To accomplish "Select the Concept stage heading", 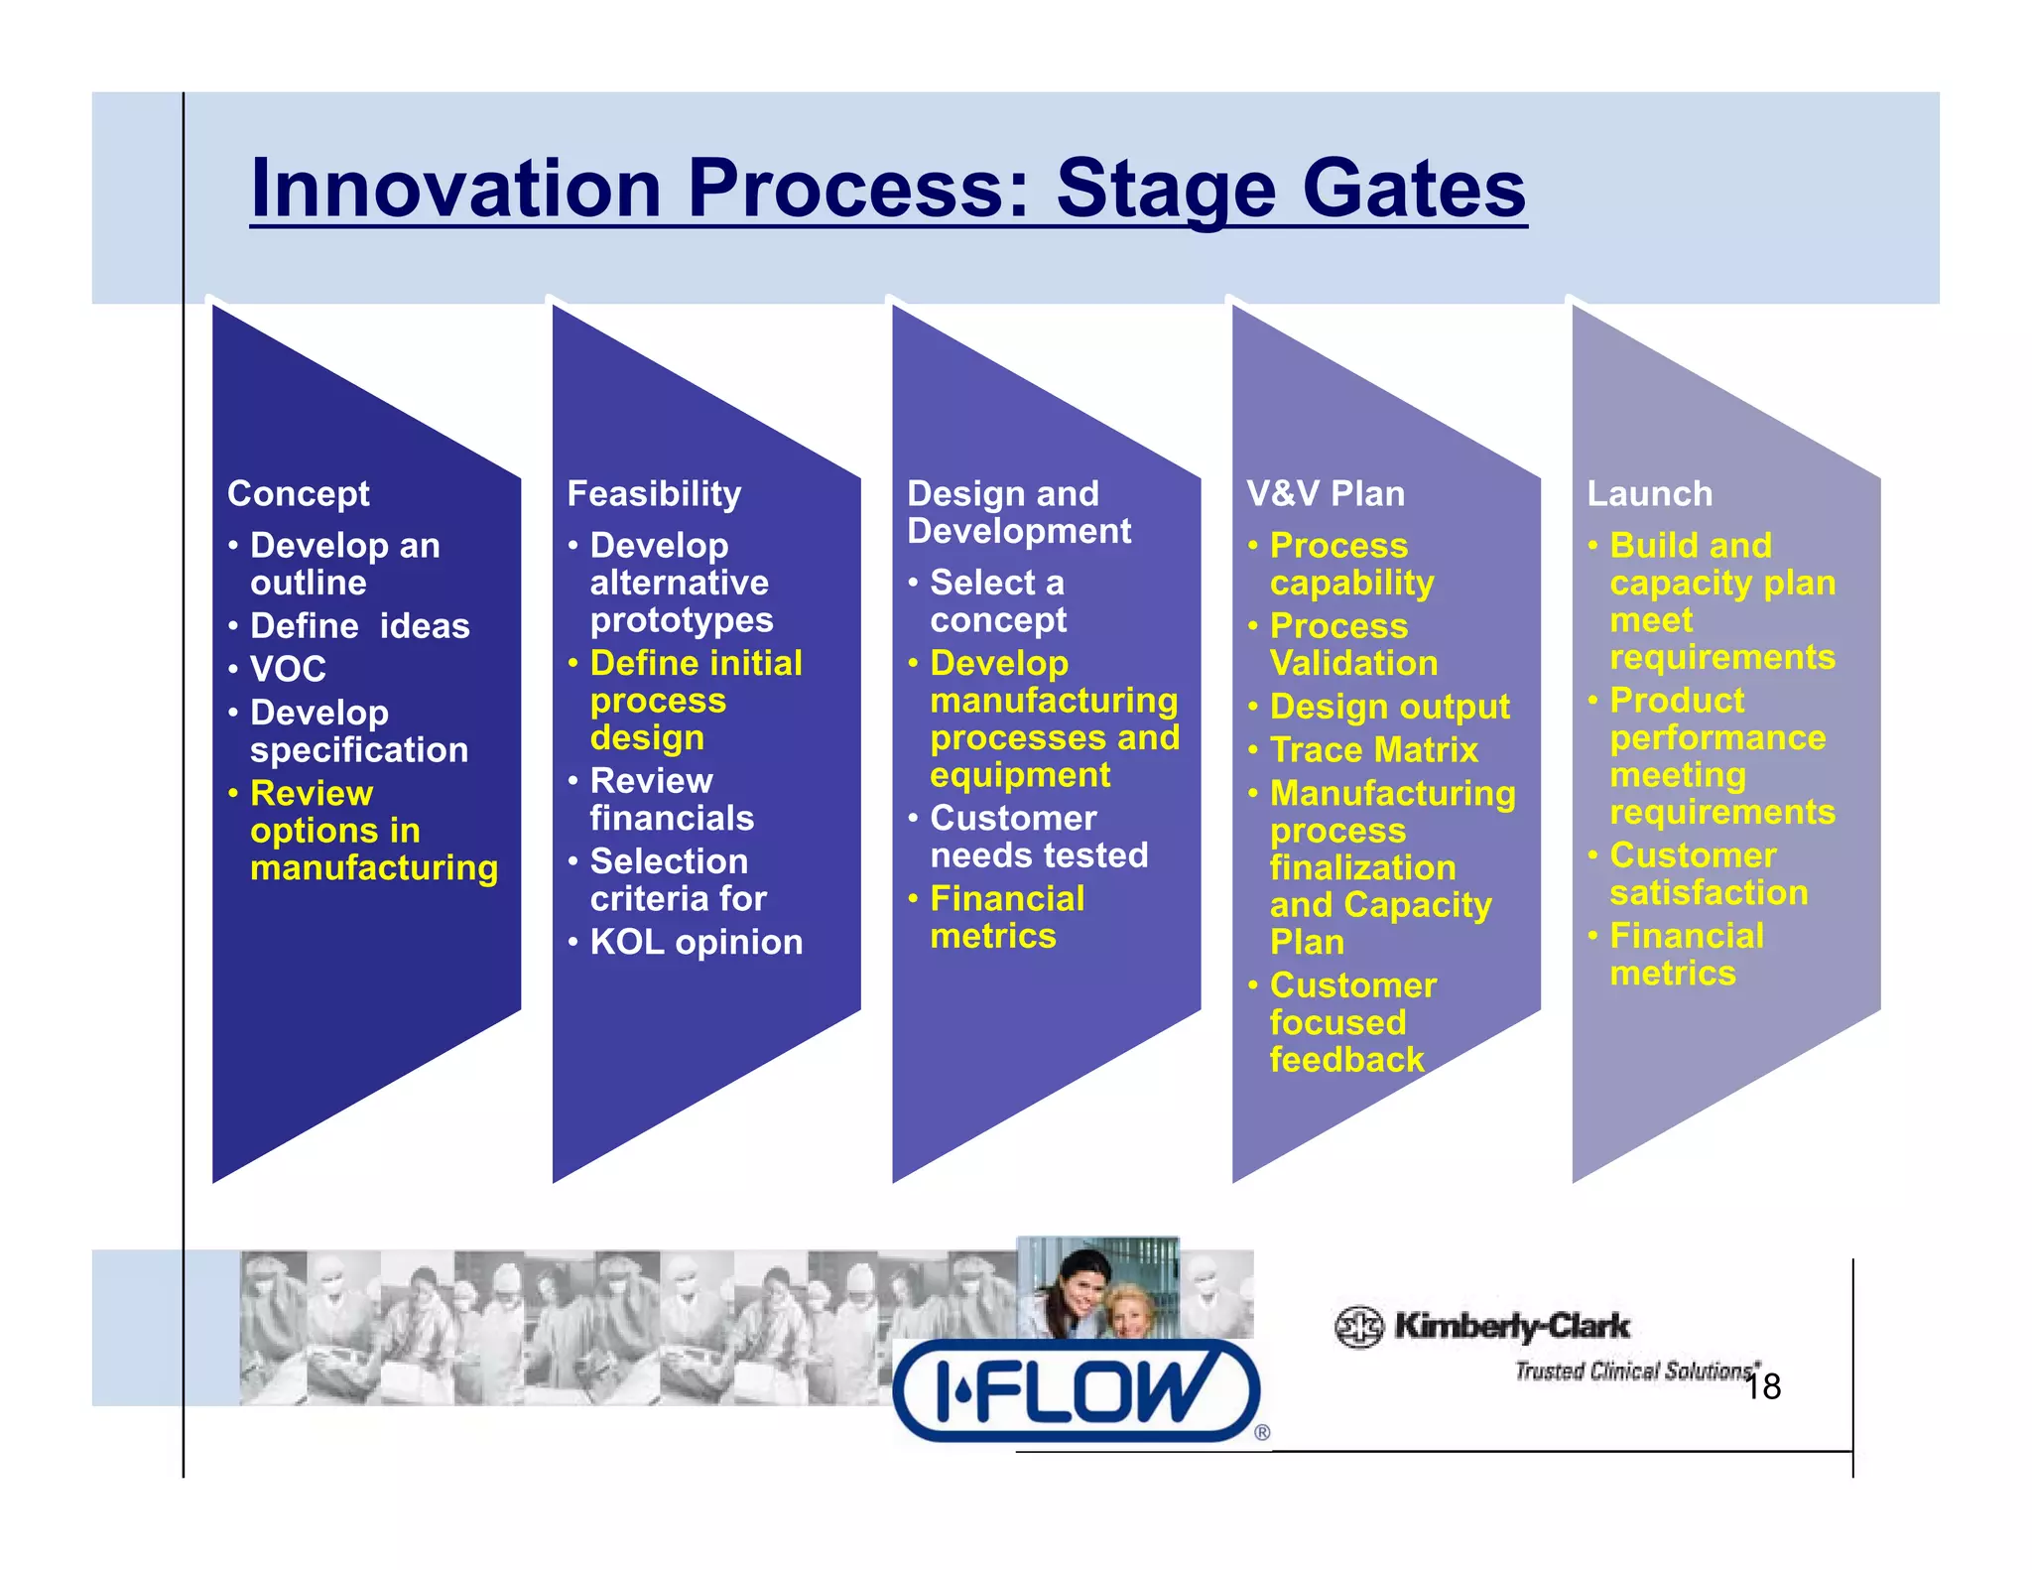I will click(298, 493).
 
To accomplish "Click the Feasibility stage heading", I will click(654, 493).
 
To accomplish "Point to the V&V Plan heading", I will click(1326, 493).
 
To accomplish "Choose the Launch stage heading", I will click(1649, 493).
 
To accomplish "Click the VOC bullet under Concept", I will click(288, 669).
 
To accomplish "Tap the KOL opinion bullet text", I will click(696, 942).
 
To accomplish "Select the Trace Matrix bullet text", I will click(1373, 749).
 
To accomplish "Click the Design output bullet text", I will click(1389, 707).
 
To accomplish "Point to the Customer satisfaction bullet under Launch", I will click(1708, 873).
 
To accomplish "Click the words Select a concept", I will click(997, 600).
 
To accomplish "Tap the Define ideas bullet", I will click(359, 626).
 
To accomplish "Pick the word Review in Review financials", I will click(651, 781).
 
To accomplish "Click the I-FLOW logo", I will click(1076, 1390).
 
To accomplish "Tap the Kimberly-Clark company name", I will click(1511, 1326).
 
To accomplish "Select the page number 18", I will click(1763, 1386).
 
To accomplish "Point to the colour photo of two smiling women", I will click(1097, 1289).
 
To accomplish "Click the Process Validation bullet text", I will click(1353, 644).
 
